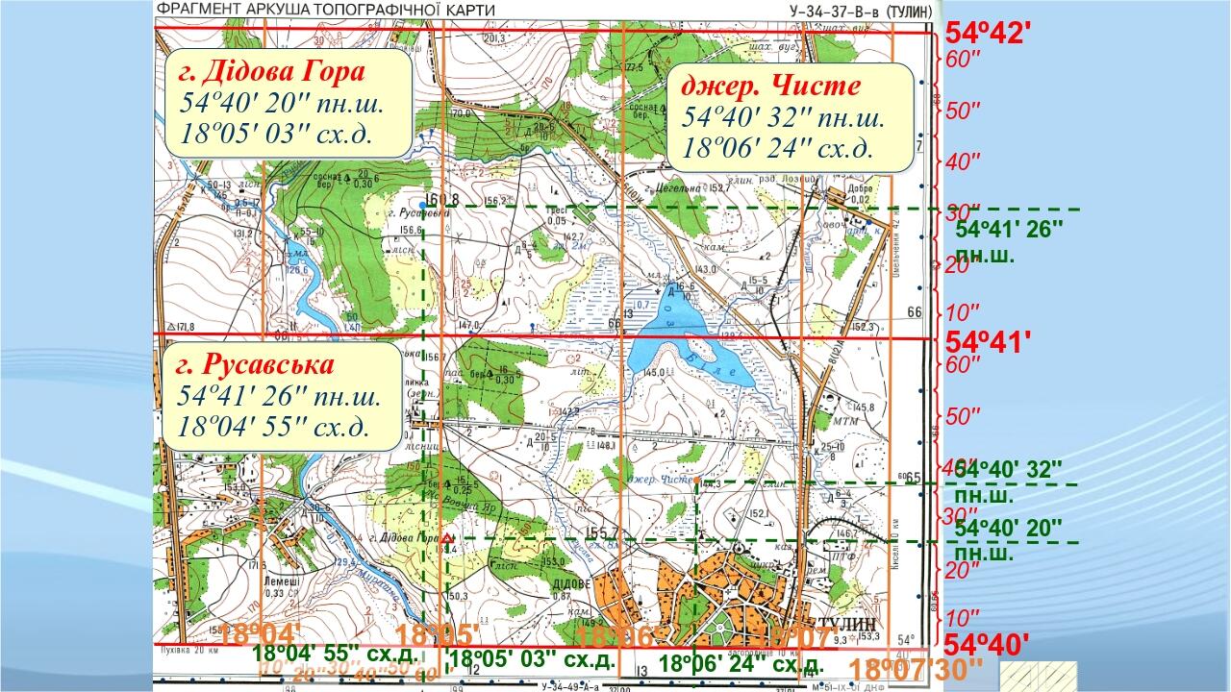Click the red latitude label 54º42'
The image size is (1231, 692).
[989, 33]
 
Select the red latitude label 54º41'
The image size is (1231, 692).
[989, 340]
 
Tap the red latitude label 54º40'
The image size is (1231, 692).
[989, 642]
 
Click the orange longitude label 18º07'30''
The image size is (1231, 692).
[917, 668]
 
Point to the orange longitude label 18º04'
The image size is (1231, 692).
[260, 635]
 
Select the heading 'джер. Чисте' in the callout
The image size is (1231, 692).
[771, 85]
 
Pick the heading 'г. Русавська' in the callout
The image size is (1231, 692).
[256, 366]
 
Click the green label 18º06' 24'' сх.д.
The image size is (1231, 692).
[741, 663]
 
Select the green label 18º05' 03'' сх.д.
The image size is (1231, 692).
[531, 659]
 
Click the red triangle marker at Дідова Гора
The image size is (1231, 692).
[446, 539]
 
